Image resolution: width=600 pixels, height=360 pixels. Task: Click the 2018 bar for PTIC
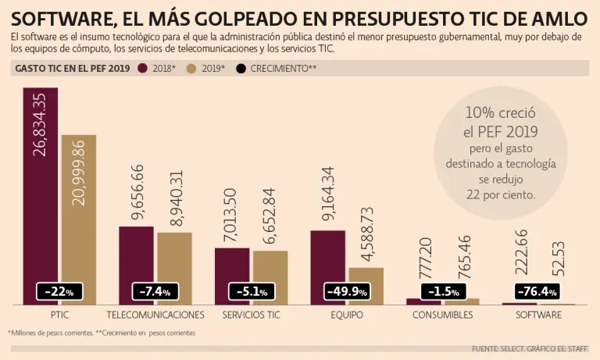tap(41, 195)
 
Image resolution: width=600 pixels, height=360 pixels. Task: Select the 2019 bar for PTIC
tap(78, 219)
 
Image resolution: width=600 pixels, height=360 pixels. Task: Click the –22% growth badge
tap(59, 291)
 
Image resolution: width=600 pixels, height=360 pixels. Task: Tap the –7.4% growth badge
tap(155, 291)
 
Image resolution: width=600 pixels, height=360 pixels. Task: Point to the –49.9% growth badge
tap(346, 291)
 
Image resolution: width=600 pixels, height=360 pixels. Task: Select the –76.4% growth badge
tap(538, 291)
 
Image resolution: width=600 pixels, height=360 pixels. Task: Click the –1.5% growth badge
tap(442, 291)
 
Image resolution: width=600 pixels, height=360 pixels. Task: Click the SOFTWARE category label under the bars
tap(538, 315)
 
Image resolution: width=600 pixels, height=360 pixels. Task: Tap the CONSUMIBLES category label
tap(442, 315)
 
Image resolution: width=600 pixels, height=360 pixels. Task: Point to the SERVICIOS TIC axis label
tap(252, 315)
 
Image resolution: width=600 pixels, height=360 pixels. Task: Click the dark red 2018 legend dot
tap(143, 68)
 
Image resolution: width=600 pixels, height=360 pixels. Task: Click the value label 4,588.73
tap(366, 236)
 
